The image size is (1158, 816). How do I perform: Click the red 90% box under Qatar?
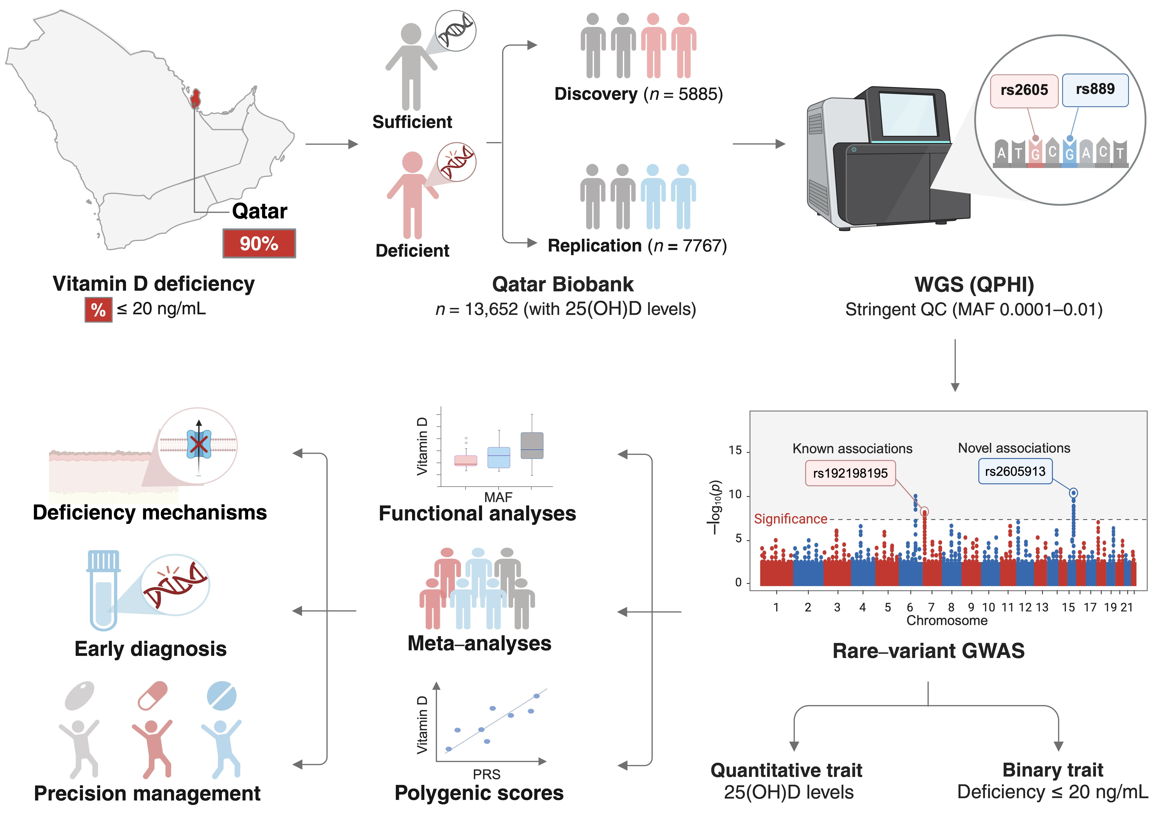259,244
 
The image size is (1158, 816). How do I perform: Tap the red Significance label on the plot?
790,519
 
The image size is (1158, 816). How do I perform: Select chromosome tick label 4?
862,607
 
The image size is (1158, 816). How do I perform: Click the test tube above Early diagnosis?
103,590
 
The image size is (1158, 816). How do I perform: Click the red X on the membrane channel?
199,444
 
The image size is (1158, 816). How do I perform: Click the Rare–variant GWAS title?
928,651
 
